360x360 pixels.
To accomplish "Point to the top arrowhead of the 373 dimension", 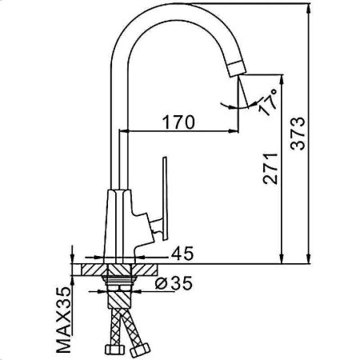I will tap(310, 9).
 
